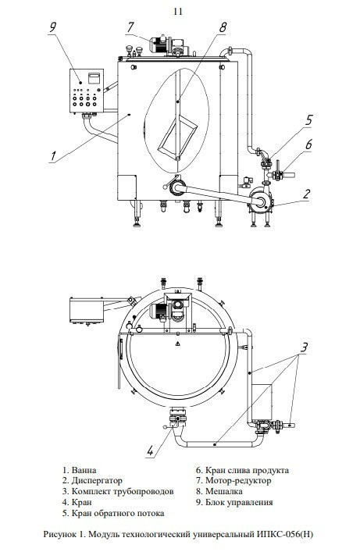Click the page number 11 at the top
click(x=178, y=11)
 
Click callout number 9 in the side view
click(x=53, y=27)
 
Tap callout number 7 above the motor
click(x=130, y=27)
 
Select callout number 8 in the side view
click(x=223, y=27)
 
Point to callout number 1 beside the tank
click(x=54, y=155)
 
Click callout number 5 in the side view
click(x=308, y=119)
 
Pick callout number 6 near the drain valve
click(x=308, y=144)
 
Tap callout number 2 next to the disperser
click(x=307, y=194)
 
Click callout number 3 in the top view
click(x=304, y=347)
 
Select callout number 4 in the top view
click(x=151, y=451)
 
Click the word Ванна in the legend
click(x=84, y=470)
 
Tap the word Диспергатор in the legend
click(x=97, y=481)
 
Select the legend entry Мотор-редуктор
click(x=238, y=480)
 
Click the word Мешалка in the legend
click(x=223, y=491)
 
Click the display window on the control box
click(x=94, y=78)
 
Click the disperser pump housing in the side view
click(x=261, y=200)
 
